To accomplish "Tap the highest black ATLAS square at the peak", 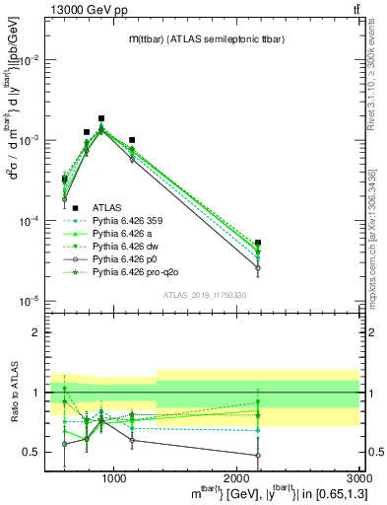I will tap(101, 118).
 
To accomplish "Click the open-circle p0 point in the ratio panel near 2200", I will tap(258, 455).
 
